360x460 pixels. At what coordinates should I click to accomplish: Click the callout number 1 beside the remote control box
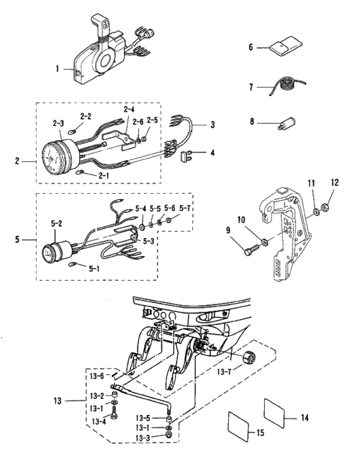point(57,69)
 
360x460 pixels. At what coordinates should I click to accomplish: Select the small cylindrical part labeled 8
point(286,124)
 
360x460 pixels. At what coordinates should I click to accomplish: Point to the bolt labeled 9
point(252,249)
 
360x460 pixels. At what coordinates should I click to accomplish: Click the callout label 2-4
point(129,110)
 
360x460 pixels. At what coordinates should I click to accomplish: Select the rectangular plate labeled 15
point(239,426)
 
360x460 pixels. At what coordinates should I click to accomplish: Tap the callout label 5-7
point(185,208)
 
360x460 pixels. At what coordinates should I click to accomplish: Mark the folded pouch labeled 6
point(286,46)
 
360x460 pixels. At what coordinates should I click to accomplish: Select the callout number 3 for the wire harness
point(213,124)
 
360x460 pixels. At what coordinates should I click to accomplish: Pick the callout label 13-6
point(97,376)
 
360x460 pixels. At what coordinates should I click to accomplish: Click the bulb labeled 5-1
point(72,265)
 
